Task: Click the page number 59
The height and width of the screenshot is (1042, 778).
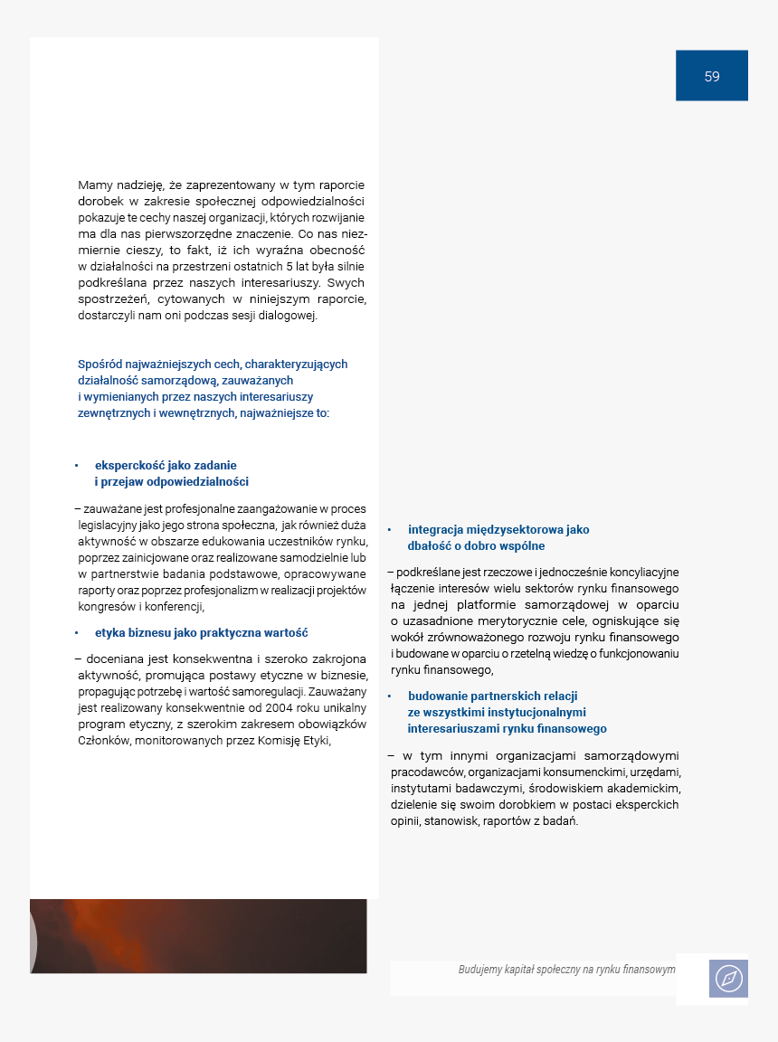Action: coord(712,76)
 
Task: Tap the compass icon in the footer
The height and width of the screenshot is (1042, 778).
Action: coord(728,978)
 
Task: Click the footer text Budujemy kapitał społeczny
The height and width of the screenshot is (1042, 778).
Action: coord(566,969)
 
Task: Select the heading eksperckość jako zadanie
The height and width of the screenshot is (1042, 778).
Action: coord(166,466)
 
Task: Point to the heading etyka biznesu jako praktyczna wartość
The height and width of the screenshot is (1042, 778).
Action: coord(202,633)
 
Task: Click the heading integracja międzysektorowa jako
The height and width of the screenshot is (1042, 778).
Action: coord(498,530)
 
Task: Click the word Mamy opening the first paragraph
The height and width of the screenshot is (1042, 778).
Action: coord(95,185)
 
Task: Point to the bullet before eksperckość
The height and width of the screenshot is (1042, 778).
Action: coord(76,466)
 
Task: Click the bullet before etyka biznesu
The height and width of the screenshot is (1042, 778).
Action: coord(76,633)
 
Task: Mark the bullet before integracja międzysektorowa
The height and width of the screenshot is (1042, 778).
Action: coord(389,530)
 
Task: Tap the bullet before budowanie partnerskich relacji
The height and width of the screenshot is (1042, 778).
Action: coord(389,696)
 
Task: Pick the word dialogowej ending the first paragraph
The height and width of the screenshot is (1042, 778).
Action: coord(288,316)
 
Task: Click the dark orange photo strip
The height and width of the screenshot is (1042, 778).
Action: coord(199,935)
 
